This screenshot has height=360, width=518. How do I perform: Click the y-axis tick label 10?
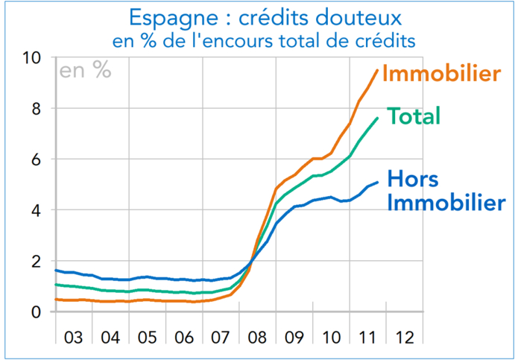[34, 58]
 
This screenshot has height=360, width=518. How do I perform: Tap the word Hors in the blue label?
[413, 180]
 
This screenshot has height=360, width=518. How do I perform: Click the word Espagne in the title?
[177, 17]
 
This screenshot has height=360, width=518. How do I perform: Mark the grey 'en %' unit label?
[86, 71]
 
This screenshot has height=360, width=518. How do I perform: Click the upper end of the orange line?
[378, 69]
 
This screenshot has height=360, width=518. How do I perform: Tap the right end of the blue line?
[379, 182]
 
